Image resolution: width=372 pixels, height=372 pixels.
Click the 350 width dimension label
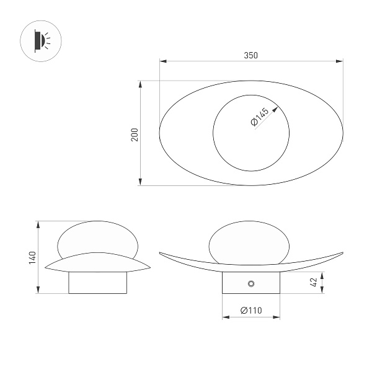point(250,55)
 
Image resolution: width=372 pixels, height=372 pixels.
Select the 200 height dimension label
point(135,135)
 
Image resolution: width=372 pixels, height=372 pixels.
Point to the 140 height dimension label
point(32,258)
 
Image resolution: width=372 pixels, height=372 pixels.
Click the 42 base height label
point(314,282)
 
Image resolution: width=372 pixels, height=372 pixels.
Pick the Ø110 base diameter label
point(251,311)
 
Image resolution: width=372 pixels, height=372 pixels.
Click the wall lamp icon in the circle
point(42,41)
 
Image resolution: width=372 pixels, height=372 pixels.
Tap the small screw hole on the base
point(251,283)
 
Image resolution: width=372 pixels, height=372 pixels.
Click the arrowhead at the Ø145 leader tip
point(275,109)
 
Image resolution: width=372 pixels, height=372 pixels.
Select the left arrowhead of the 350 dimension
point(163,61)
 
